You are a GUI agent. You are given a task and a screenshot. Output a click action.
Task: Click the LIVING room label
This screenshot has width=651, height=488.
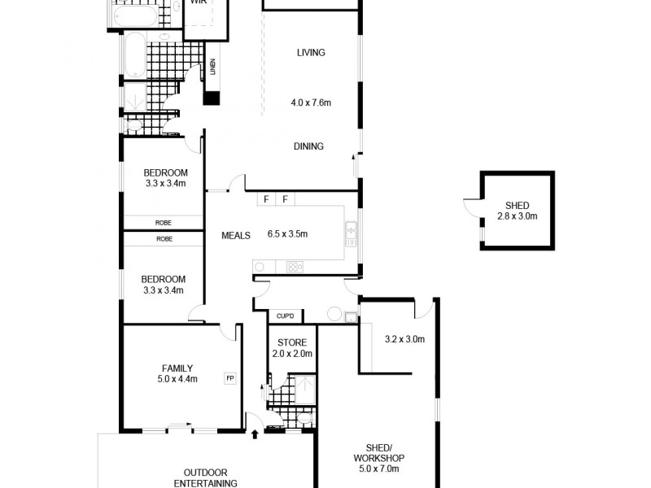click(311, 53)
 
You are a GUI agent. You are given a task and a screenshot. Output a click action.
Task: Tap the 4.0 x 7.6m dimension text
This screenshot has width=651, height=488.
click(311, 103)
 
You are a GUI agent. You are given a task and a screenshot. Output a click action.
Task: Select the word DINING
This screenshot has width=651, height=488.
click(308, 146)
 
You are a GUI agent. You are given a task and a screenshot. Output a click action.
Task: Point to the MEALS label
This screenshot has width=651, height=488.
click(236, 236)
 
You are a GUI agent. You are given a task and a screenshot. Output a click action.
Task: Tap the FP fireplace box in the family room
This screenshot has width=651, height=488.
click(229, 377)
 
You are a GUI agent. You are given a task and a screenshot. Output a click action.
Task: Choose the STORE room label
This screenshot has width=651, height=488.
click(291, 342)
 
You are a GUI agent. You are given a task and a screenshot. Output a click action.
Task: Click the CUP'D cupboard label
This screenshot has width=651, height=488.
click(285, 316)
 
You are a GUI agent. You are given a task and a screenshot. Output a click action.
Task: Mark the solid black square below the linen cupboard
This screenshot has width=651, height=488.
click(212, 98)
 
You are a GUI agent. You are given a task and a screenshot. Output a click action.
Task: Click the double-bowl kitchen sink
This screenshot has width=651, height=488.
click(351, 233)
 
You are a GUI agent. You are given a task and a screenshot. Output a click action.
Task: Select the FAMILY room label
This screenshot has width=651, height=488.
click(177, 368)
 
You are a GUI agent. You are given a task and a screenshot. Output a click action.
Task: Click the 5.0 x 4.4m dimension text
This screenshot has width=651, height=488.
click(177, 379)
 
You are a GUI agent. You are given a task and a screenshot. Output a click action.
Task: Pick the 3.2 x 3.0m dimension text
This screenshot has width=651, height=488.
click(404, 339)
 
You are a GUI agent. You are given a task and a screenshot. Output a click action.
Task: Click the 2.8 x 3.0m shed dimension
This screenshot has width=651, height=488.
click(518, 216)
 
